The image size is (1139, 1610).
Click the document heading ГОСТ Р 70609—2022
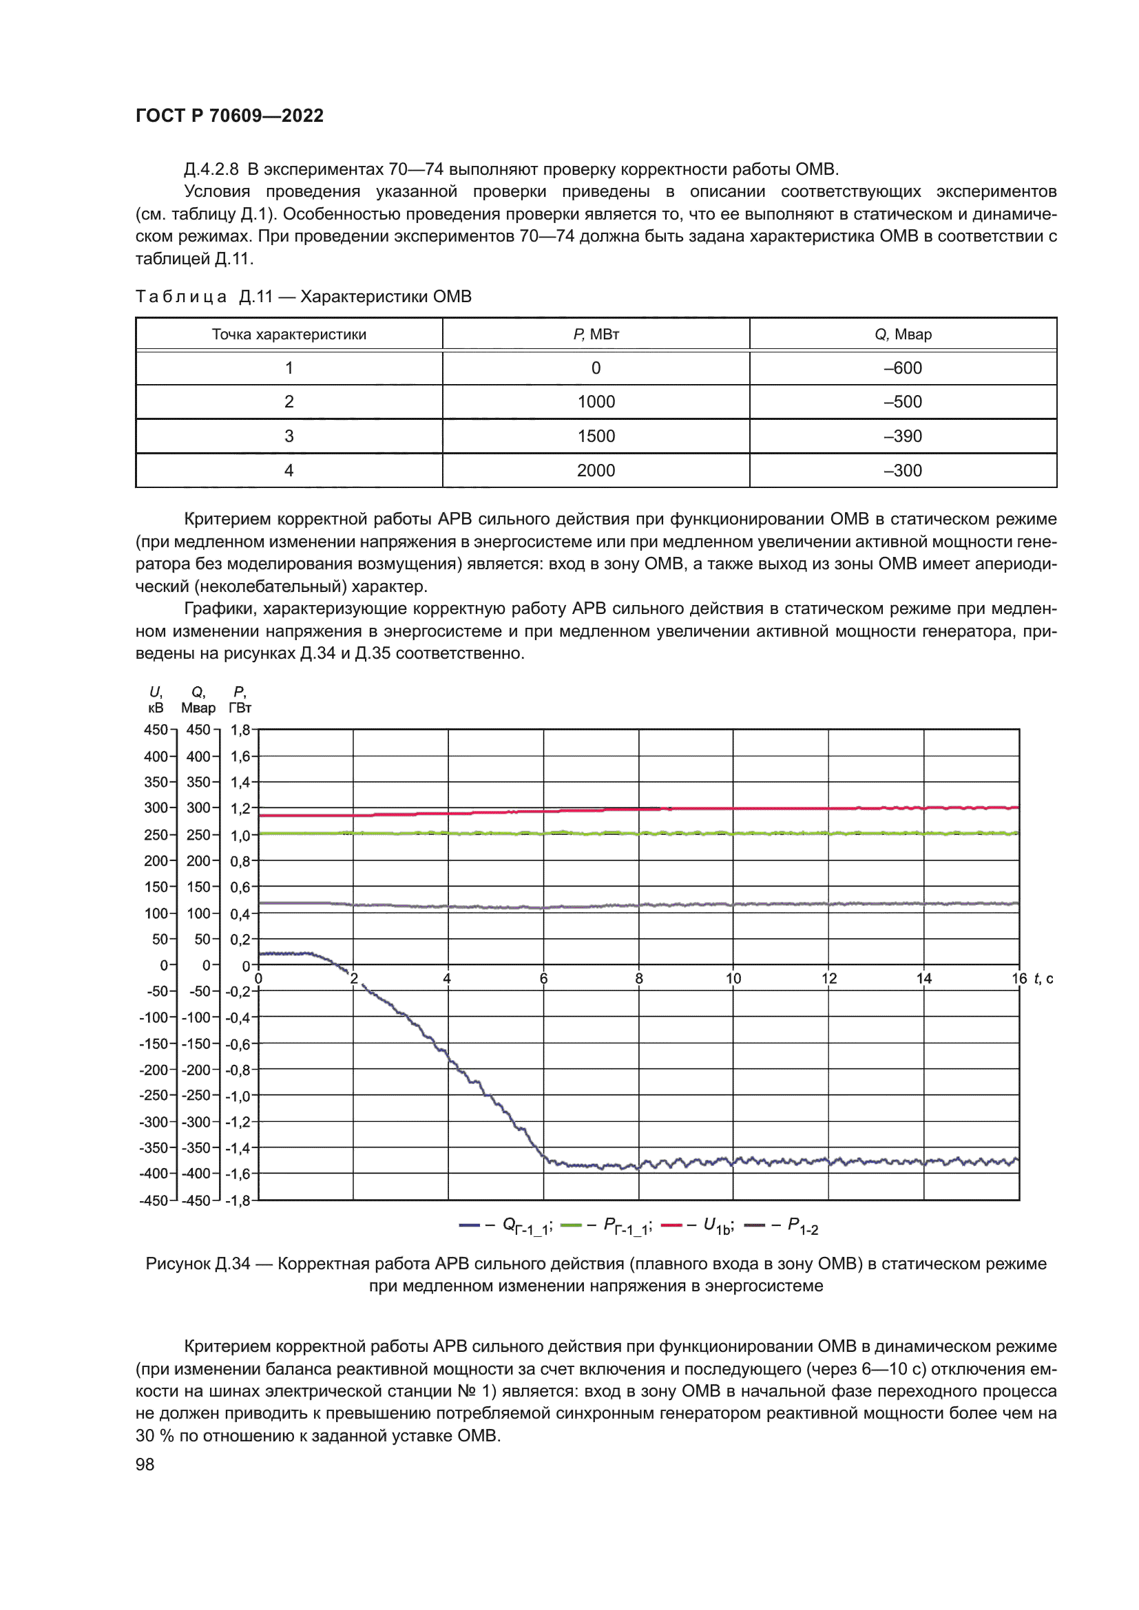229,116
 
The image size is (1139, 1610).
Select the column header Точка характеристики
289,335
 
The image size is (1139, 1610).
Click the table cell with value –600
903,368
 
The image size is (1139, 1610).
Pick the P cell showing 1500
596,436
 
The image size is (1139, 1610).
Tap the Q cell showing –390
903,436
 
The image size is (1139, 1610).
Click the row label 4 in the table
289,471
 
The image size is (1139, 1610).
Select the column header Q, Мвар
903,335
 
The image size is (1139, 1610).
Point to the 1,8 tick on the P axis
240,730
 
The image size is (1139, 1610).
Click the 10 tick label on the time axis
733,978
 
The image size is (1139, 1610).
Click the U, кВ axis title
156,700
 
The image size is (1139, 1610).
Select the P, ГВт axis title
240,700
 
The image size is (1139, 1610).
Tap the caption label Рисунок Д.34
198,1264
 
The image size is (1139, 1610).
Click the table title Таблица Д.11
204,297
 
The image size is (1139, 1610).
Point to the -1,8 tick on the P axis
238,1200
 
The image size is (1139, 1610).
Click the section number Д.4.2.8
211,169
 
